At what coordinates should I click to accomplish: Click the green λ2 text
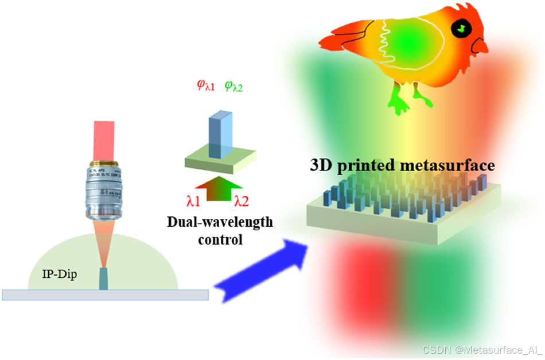click(242, 201)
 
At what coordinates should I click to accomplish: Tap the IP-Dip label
click(61, 274)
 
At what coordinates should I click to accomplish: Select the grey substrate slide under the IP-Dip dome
click(104, 295)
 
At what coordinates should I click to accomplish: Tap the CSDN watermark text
click(482, 350)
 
